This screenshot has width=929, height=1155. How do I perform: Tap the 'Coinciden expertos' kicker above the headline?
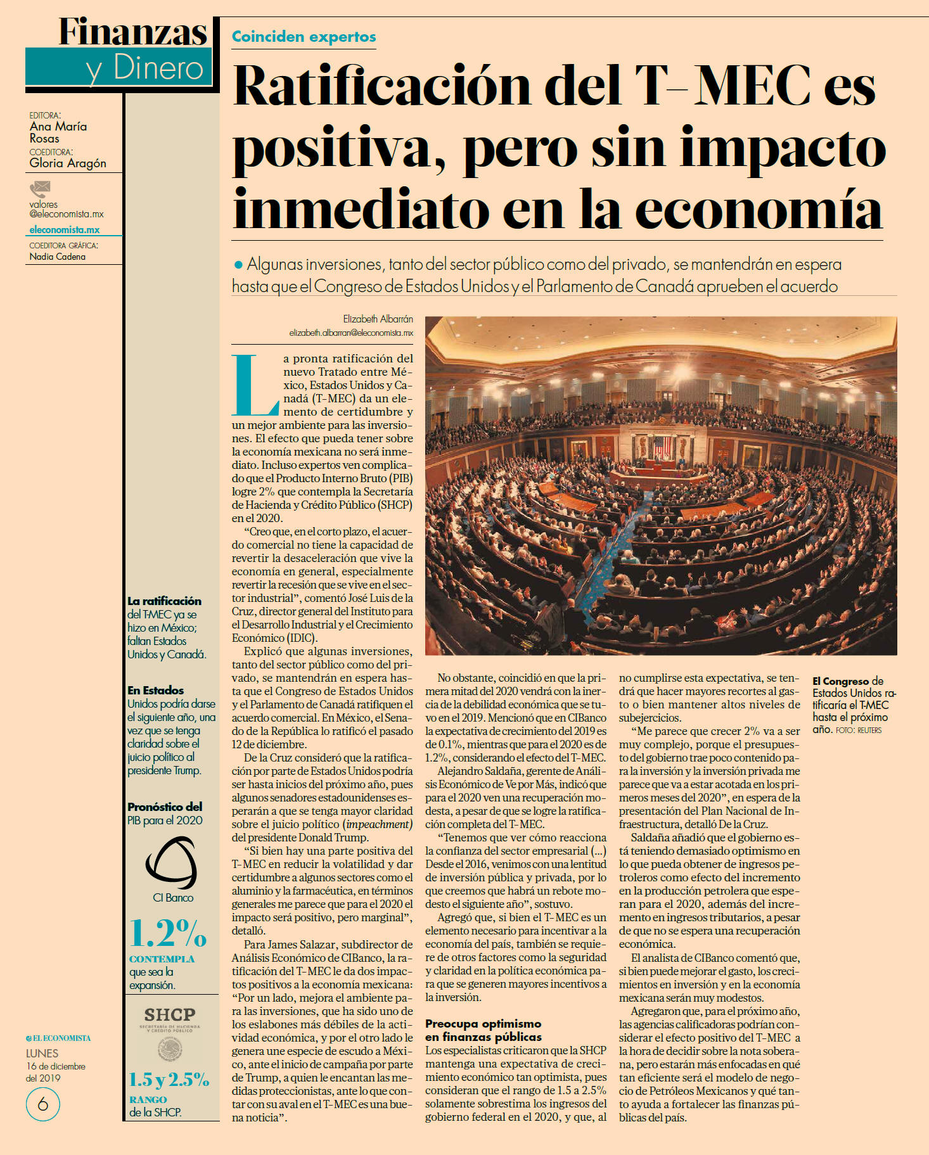(304, 37)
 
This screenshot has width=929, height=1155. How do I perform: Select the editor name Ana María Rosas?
(58, 132)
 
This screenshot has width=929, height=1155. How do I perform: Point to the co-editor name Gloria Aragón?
(68, 163)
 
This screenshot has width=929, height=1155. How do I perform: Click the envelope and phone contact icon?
(39, 189)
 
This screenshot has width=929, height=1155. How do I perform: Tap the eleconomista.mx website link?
(64, 230)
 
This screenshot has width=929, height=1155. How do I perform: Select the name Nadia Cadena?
(57, 257)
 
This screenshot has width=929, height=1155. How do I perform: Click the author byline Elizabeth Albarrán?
(378, 319)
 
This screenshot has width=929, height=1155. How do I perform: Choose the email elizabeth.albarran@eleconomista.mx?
(351, 332)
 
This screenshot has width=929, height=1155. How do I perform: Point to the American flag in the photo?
(662, 446)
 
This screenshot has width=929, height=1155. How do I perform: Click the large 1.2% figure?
(168, 933)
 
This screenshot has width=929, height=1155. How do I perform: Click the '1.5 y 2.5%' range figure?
(169, 1080)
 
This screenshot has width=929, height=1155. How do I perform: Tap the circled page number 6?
(43, 1105)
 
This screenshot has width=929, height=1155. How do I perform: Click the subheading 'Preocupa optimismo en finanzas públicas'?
(483, 1030)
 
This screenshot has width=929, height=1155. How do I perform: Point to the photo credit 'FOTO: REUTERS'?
(859, 731)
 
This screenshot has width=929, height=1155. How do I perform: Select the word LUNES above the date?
(42, 1054)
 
